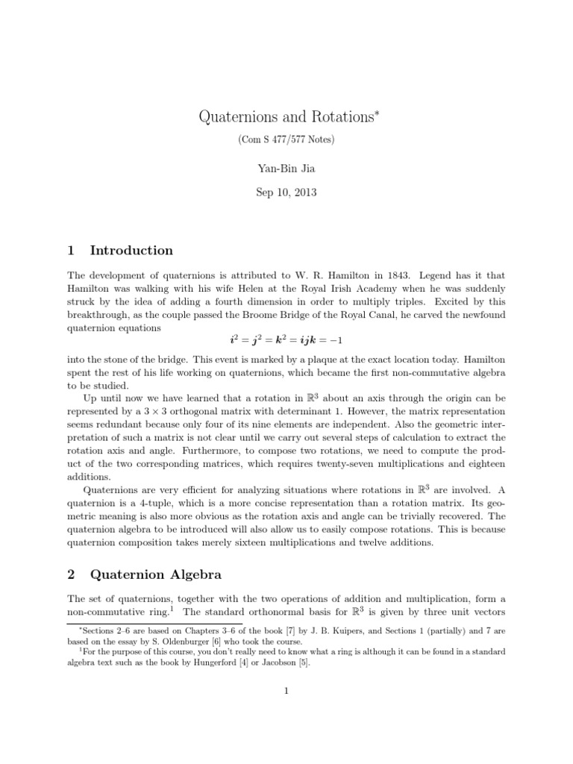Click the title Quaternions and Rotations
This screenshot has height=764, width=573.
pos(284,116)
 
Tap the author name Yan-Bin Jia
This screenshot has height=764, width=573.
pos(286,167)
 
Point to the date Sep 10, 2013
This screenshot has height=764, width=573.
pos(286,192)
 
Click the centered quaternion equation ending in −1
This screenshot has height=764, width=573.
pos(286,340)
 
